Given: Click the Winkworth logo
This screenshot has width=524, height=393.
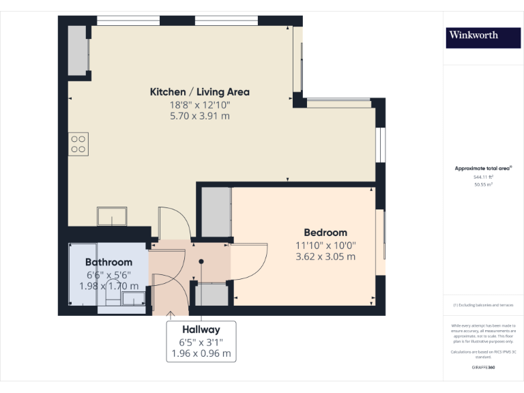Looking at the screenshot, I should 483,36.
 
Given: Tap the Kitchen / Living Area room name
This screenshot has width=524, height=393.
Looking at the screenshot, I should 199,91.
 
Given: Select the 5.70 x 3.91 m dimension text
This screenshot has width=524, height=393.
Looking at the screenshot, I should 199,116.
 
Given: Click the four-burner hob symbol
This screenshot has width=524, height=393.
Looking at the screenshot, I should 78,143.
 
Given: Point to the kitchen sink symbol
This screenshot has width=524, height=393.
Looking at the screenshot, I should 111,216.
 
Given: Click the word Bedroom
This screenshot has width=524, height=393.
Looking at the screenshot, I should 325,232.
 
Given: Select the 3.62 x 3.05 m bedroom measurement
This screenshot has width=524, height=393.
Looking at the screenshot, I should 325,257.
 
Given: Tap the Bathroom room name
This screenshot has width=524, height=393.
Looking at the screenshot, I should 108,262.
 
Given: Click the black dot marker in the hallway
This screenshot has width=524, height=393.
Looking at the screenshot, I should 201,261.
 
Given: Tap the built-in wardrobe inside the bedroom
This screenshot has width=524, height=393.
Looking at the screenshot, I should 216,212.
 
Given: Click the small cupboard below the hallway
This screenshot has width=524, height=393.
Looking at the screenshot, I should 212,295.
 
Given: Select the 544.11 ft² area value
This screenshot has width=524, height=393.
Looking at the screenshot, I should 483,176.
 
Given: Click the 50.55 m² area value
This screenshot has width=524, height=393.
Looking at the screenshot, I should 483,184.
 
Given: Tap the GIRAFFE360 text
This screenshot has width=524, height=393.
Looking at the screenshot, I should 483,367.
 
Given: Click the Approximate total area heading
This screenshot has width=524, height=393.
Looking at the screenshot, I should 483,168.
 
